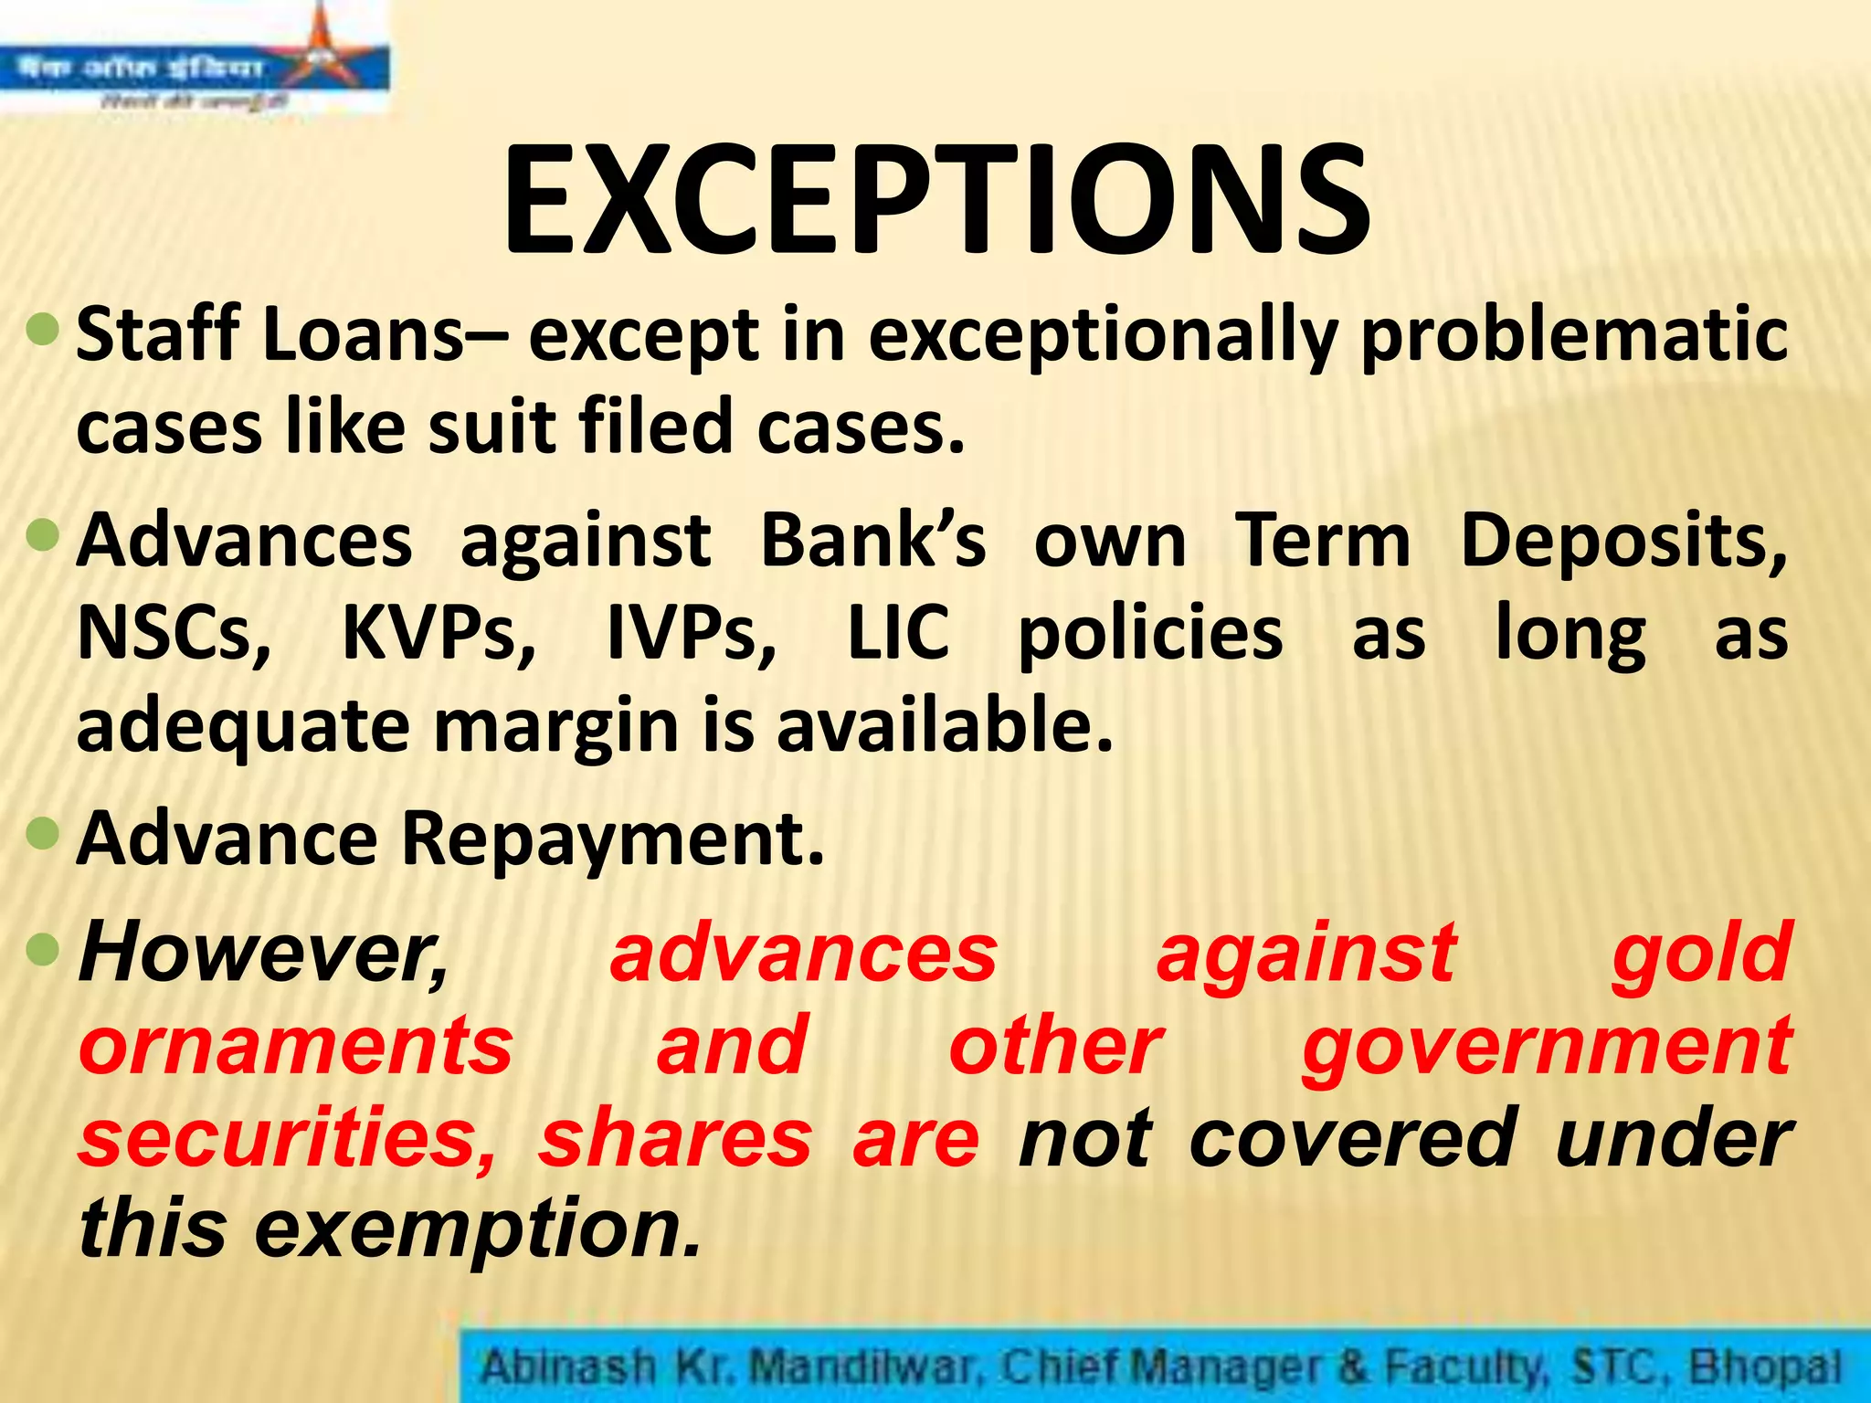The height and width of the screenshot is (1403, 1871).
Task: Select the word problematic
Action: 1574,336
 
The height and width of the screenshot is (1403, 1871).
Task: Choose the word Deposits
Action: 1623,541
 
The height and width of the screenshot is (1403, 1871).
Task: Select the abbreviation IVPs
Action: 692,634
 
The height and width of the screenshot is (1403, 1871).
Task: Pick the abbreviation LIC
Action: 898,634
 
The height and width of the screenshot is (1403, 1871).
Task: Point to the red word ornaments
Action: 296,1046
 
